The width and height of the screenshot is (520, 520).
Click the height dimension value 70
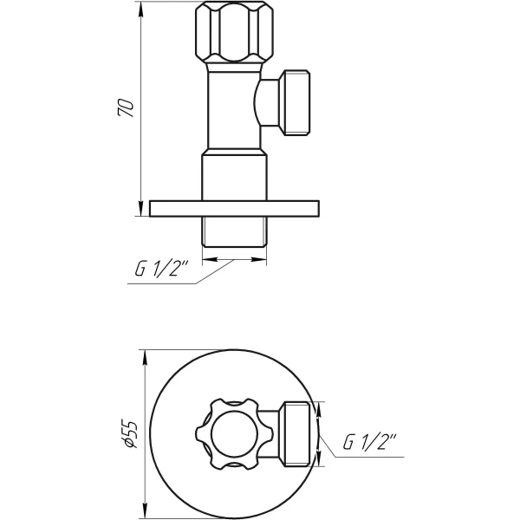click(x=126, y=108)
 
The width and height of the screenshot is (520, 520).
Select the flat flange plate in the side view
click(x=234, y=208)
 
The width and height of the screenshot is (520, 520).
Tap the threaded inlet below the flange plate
click(x=234, y=232)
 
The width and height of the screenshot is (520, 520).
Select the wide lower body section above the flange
click(x=234, y=177)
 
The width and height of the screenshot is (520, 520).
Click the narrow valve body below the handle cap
click(x=232, y=113)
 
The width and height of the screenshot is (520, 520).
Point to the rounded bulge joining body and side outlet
click(x=262, y=104)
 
